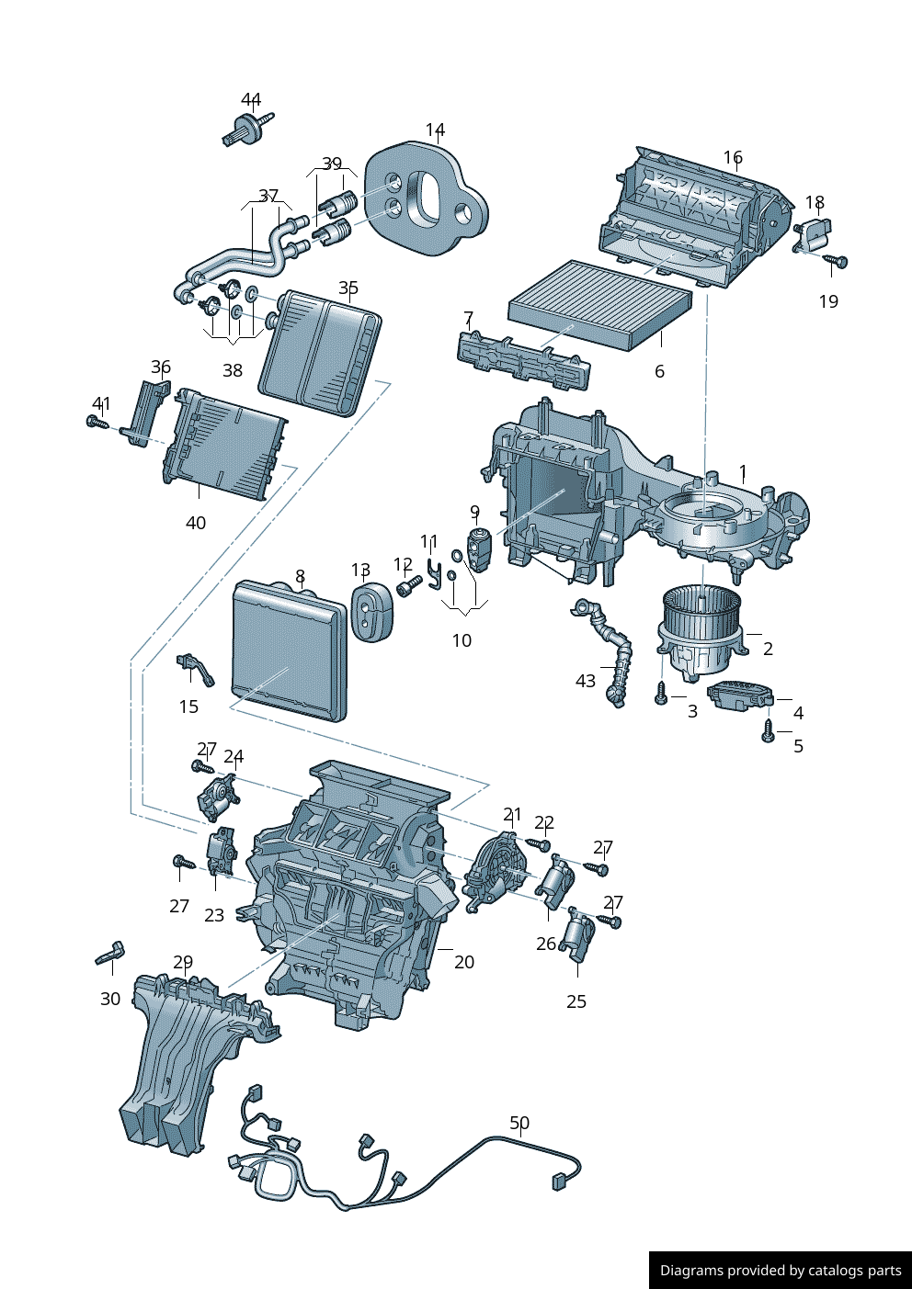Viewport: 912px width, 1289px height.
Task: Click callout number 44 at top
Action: click(x=251, y=99)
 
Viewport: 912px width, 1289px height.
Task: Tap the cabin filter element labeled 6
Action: click(x=598, y=302)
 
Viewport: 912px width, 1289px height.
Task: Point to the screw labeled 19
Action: click(x=838, y=262)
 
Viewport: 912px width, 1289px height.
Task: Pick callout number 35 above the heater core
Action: click(x=348, y=288)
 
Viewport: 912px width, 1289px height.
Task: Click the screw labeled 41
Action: click(x=95, y=422)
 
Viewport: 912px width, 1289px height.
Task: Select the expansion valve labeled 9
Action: click(x=479, y=549)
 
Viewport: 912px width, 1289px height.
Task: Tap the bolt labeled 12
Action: click(x=408, y=584)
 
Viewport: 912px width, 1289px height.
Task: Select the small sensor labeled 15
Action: click(x=194, y=667)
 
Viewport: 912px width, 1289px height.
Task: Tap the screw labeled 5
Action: click(x=769, y=731)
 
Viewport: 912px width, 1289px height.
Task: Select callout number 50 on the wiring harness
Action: click(x=519, y=1123)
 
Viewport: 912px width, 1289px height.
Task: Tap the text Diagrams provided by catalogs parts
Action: click(x=781, y=1271)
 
